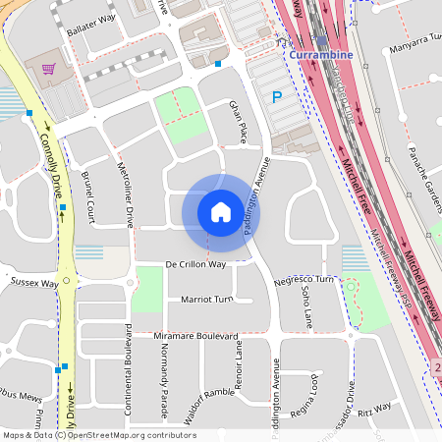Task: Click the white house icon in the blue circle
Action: (x=221, y=211)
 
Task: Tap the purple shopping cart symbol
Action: (x=45, y=69)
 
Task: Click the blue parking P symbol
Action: (x=277, y=97)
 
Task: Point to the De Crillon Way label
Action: (x=195, y=265)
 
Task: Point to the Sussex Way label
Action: (x=34, y=283)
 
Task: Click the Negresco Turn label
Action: (x=304, y=280)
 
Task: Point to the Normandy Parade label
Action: (x=164, y=383)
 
